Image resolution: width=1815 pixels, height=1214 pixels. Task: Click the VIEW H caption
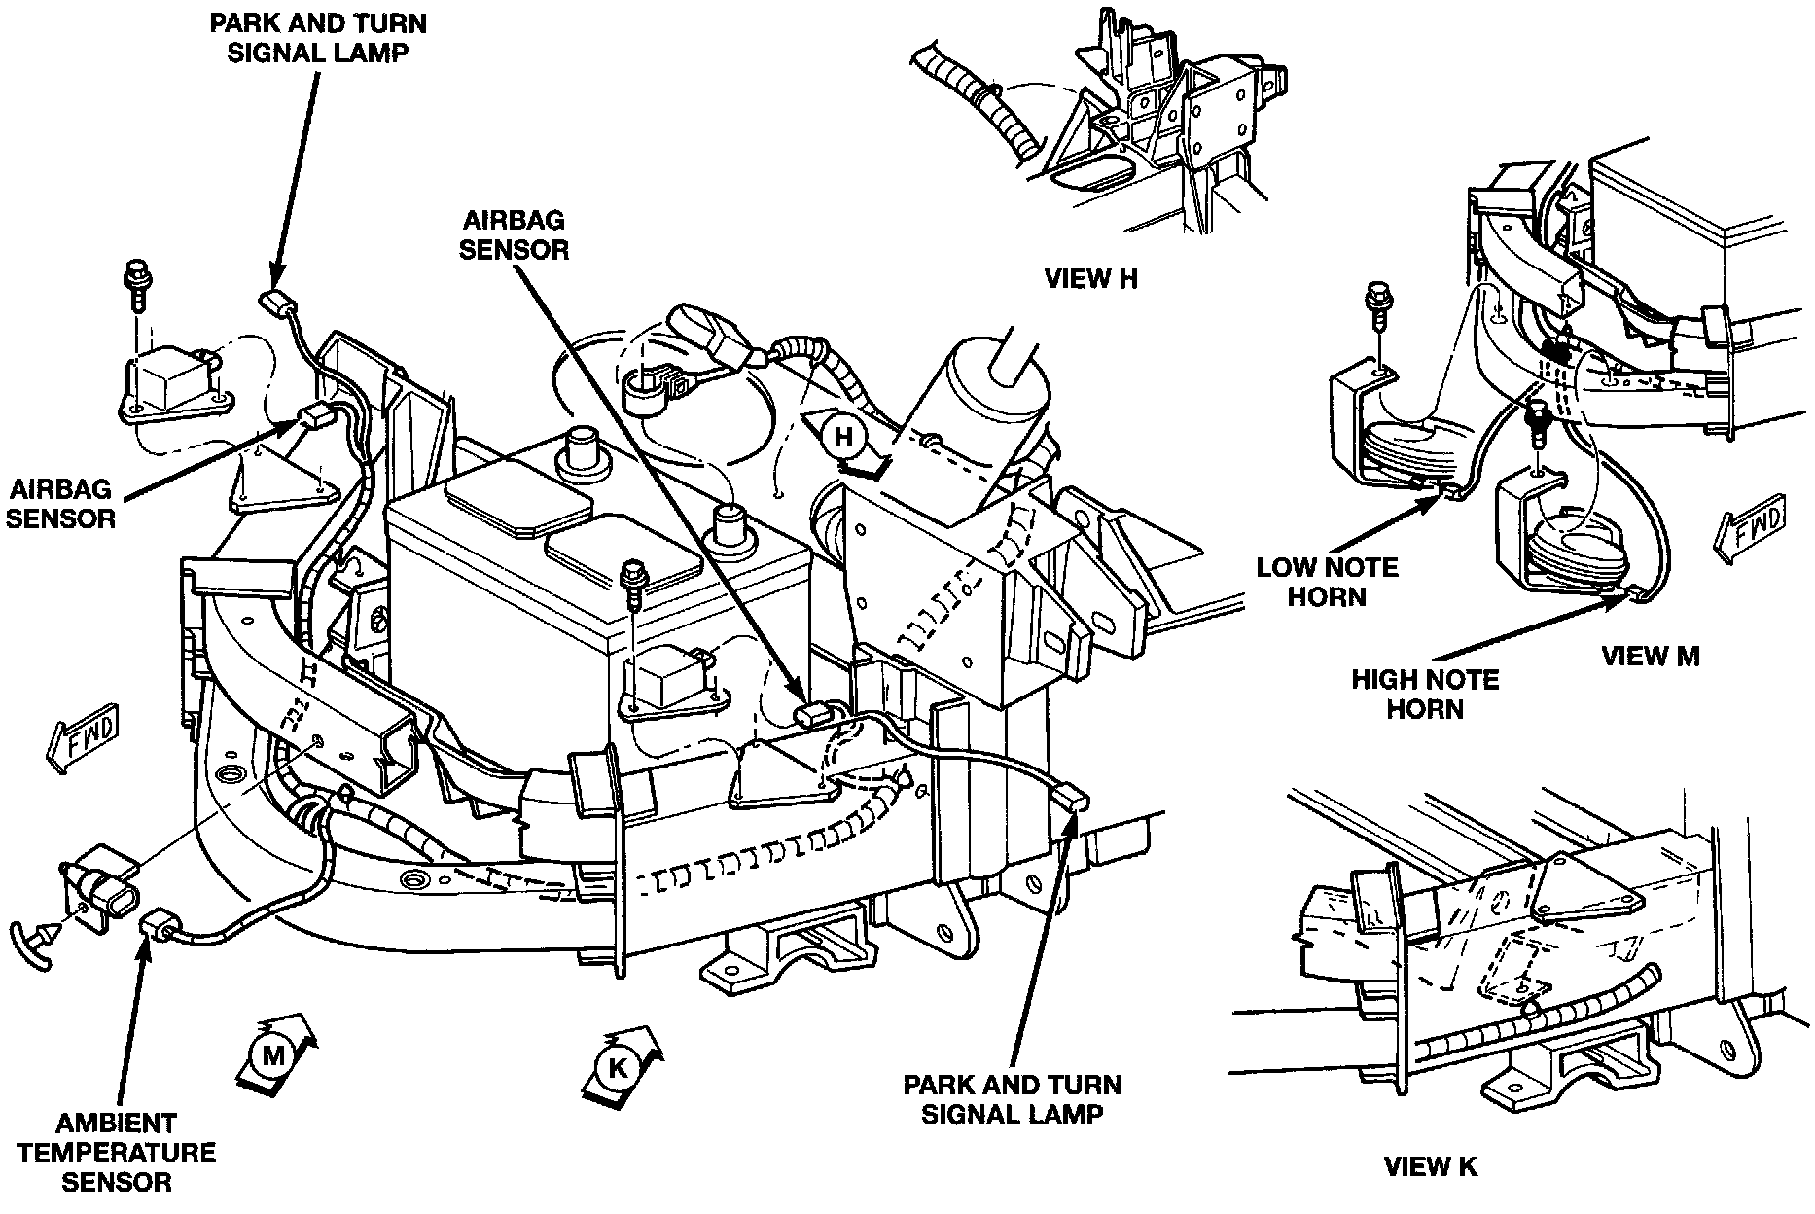coord(1090,280)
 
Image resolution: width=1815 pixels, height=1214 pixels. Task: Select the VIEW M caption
coord(1650,657)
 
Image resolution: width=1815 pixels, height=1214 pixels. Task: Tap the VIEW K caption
coord(1430,1166)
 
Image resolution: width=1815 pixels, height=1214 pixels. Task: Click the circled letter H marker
coord(842,438)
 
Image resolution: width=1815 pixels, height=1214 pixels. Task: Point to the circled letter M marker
coord(273,1053)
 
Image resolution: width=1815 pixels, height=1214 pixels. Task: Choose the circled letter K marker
coord(618,1067)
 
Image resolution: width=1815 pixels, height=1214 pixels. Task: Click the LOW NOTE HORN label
coord(1327,582)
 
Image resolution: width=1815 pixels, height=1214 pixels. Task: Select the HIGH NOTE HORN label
coord(1425,693)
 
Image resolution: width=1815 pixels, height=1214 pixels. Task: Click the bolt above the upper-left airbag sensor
coord(135,283)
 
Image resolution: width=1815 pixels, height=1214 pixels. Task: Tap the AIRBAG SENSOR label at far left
coord(60,503)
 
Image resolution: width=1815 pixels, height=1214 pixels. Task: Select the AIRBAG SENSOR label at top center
coord(514,235)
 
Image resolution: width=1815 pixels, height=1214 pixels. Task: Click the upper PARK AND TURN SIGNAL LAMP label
coord(318,37)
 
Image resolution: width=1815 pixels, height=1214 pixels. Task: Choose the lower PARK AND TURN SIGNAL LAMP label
coord(1012,1099)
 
